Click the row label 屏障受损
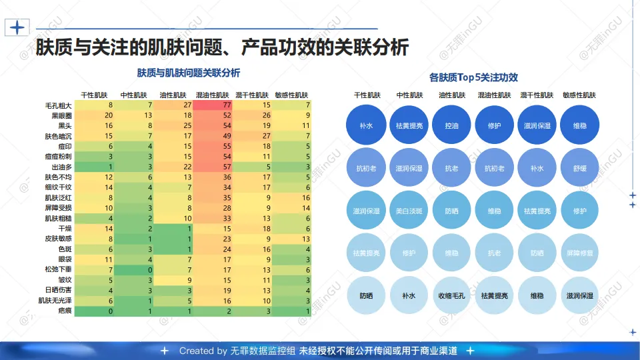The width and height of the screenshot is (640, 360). pos(59,208)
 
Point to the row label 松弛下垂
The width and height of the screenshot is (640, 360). pos(59,270)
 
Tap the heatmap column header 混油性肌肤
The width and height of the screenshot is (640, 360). pos(213,95)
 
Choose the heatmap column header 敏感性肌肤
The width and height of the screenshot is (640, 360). pos(291,95)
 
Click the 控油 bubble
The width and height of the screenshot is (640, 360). pos(451,125)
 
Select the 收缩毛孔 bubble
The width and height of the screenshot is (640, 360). pos(451,295)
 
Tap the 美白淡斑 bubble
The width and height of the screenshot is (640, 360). pos(409,211)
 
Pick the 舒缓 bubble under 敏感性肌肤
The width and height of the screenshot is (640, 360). pos(579,168)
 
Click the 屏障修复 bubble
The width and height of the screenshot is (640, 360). pos(579,253)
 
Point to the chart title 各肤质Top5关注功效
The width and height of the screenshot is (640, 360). pos(473,77)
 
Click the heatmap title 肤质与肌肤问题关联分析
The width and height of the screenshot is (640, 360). pos(189,72)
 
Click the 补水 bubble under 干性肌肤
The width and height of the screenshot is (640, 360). pos(366,125)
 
